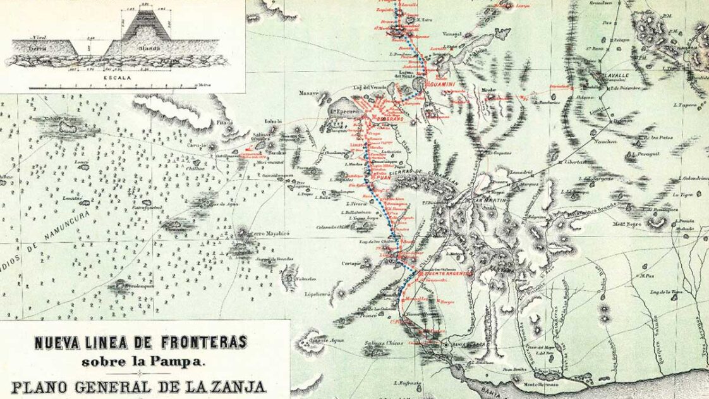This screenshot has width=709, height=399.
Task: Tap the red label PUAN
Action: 385,179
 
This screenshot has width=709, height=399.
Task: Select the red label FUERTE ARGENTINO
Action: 432,273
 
